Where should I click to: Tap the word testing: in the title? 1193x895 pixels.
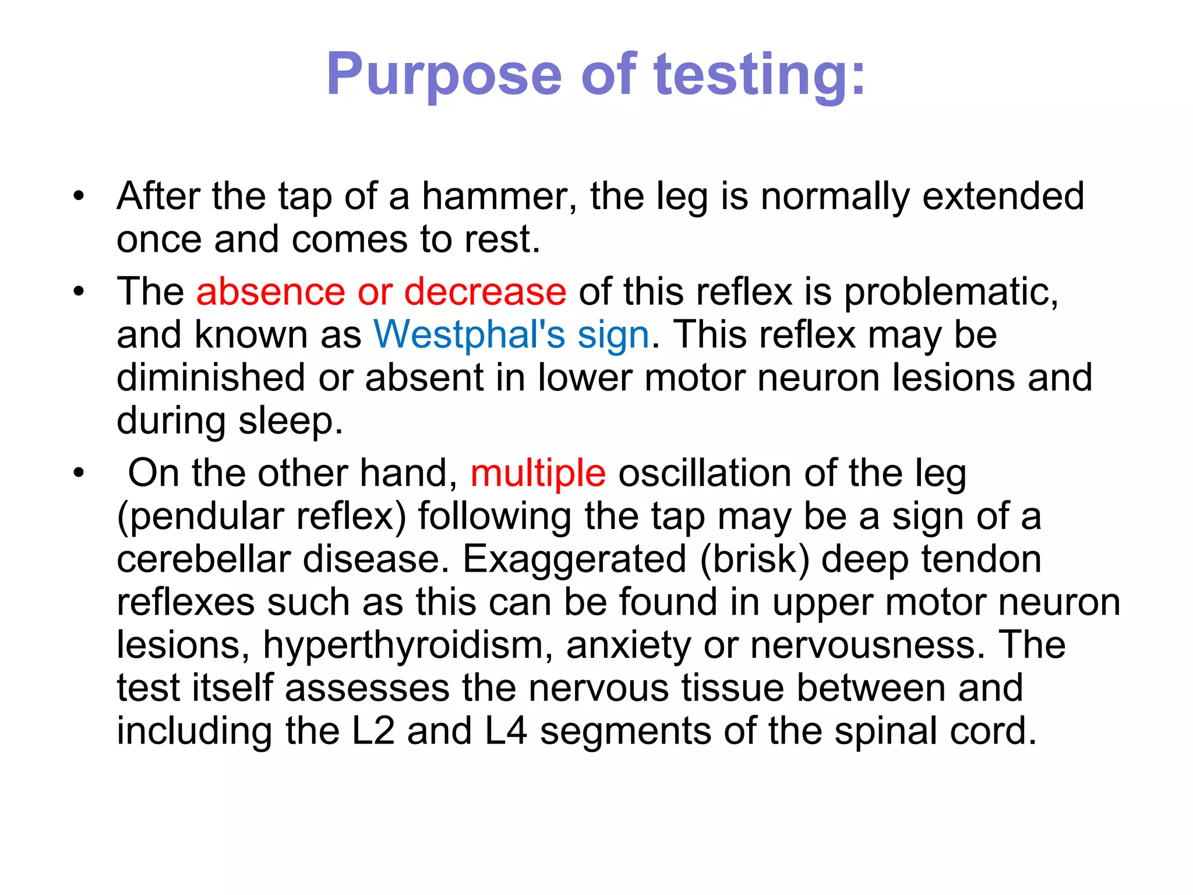coord(760,75)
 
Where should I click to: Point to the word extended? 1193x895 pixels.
coord(1003,196)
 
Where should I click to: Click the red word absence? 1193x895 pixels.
coord(271,291)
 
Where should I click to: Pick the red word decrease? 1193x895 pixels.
coord(485,291)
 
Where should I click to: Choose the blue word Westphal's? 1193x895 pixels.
coord(470,334)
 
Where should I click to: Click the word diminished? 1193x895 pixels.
coord(211,378)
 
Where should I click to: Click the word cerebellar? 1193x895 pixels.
coord(203,559)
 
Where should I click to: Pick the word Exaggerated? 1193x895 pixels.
coord(574,559)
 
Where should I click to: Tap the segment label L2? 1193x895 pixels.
coord(373,731)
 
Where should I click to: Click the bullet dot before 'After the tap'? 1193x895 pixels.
coord(79,196)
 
